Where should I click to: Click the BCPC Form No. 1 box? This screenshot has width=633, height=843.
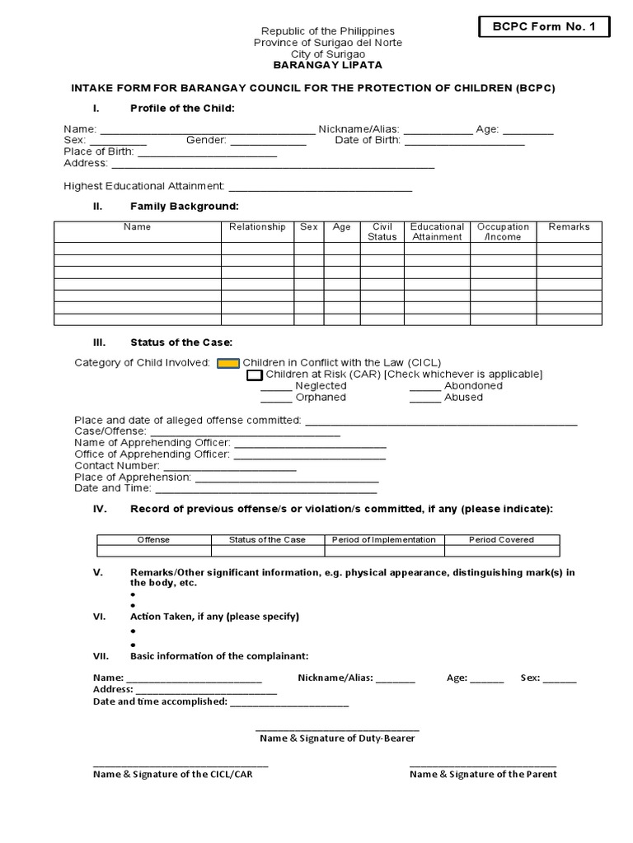[x=543, y=27]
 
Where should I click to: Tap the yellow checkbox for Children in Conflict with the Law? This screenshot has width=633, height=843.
[x=228, y=363]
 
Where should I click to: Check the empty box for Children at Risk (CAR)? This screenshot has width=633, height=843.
[x=255, y=375]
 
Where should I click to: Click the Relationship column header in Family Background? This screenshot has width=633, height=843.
[x=257, y=227]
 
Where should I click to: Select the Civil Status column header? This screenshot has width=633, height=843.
[x=382, y=231]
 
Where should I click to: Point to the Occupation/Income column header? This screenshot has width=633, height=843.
[x=503, y=231]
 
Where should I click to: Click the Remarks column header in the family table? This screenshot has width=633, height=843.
[x=569, y=227]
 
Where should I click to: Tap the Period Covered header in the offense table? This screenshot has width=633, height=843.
[x=501, y=540]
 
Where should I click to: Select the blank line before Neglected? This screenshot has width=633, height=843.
[x=275, y=389]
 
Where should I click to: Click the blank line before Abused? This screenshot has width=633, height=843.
[x=424, y=400]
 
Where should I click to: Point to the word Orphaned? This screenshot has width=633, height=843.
[x=321, y=398]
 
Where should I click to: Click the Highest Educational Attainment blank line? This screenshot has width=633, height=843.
[x=320, y=189]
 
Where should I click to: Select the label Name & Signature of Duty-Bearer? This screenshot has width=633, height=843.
[x=337, y=738]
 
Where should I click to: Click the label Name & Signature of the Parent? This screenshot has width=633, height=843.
[x=483, y=774]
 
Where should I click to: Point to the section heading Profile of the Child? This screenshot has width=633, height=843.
[x=182, y=109]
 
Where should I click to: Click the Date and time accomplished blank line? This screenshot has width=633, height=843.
[x=289, y=705]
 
